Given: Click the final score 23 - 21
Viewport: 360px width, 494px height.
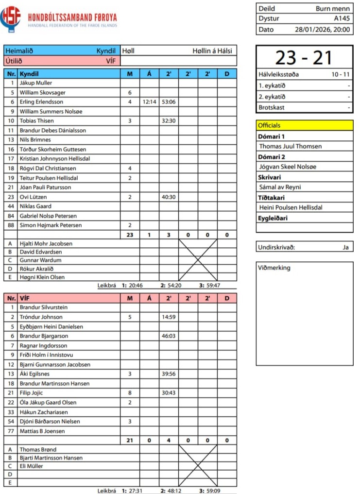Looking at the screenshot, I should [x=304, y=58].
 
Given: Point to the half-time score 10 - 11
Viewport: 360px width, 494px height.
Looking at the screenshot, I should [x=340, y=74].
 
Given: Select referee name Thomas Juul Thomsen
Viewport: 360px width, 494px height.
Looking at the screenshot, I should [x=290, y=146].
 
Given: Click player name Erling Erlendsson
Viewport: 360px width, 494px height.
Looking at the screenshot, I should [x=41, y=102].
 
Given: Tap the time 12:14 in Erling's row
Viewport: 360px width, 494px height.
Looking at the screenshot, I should [x=149, y=102].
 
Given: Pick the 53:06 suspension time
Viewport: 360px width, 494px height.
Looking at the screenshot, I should [x=169, y=102].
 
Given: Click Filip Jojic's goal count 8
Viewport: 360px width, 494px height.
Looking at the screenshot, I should [x=130, y=393].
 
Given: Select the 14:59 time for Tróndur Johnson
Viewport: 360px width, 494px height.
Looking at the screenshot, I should [x=169, y=317].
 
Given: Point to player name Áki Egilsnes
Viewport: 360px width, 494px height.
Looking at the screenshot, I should [x=34, y=374].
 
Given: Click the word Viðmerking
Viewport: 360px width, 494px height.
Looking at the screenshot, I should [x=275, y=268].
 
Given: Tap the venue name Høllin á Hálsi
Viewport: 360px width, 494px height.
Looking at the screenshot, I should [x=212, y=51].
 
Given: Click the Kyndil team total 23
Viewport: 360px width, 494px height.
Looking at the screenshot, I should [x=130, y=235].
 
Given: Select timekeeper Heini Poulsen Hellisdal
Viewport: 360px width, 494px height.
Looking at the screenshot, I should [x=291, y=207].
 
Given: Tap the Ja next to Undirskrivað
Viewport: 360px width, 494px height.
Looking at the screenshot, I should [x=345, y=247].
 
